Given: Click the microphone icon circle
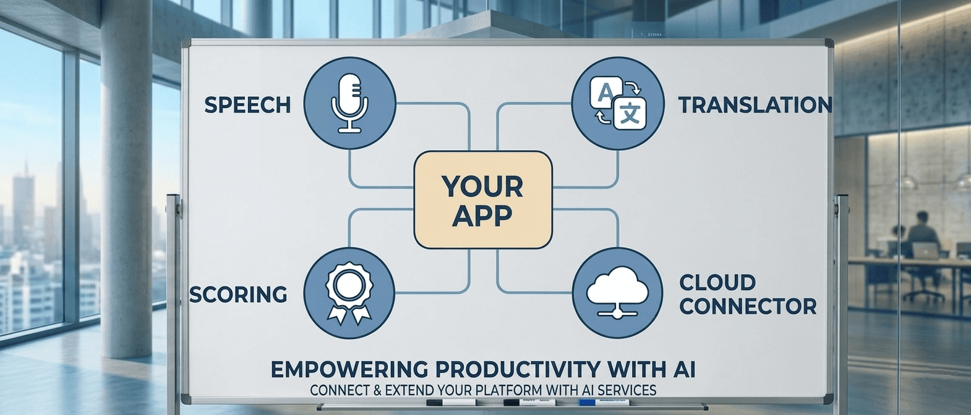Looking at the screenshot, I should [x=350, y=103].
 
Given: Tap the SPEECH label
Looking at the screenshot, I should [x=247, y=105].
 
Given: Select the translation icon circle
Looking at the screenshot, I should [x=618, y=103].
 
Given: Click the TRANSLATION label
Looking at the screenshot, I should [x=755, y=105].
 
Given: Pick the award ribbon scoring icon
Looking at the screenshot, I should [x=350, y=293].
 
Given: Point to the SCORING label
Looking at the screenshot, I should [x=238, y=295].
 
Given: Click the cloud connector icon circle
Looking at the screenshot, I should [x=618, y=293].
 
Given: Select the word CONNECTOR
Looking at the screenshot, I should [x=748, y=306].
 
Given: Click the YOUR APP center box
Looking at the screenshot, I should [x=482, y=200].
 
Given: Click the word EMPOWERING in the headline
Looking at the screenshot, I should [x=349, y=369].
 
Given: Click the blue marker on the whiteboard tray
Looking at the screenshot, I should [x=603, y=403].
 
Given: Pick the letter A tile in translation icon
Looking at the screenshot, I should [x=605, y=93].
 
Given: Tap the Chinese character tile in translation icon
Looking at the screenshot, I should [x=630, y=114].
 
